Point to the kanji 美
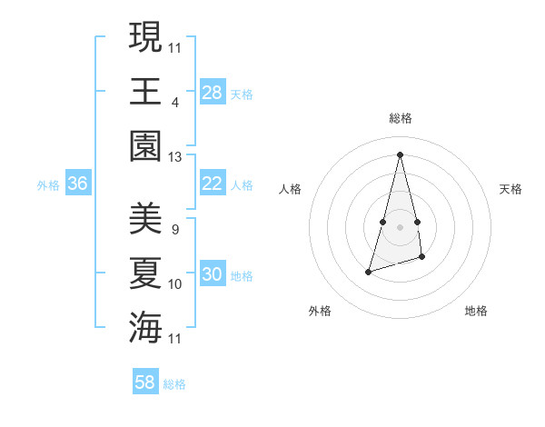(145, 218)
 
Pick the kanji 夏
(145, 272)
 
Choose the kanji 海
(145, 326)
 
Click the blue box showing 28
(213, 93)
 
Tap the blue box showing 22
(213, 184)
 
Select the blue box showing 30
(213, 275)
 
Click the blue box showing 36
(78, 184)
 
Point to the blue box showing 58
(145, 382)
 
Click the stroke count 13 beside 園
(174, 157)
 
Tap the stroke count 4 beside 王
(174, 102)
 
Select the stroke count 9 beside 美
(174, 230)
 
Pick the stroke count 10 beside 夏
(174, 284)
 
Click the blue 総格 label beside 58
(174, 384)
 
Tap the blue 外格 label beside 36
(48, 185)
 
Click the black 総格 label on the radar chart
(400, 118)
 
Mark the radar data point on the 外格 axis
(368, 272)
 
